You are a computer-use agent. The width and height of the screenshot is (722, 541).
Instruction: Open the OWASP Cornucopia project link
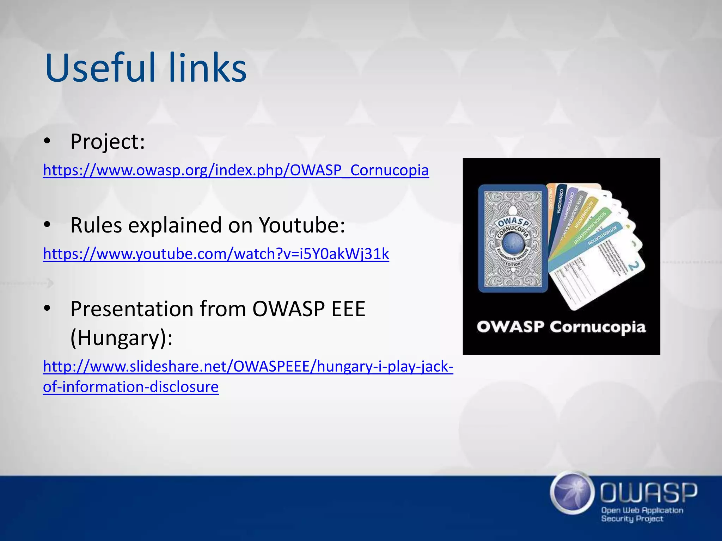tap(236, 170)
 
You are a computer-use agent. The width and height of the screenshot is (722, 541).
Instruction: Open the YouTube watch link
tap(216, 254)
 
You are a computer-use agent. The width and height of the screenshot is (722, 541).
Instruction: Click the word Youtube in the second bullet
tap(302, 225)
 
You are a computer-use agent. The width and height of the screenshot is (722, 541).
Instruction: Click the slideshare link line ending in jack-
tap(248, 366)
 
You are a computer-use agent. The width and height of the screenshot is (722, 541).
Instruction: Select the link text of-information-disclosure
tap(131, 387)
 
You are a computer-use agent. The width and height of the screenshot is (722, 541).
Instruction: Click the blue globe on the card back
tap(512, 243)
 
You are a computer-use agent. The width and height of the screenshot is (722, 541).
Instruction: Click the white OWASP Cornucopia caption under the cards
tap(561, 327)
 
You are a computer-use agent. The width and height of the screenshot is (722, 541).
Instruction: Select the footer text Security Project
tap(632, 518)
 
